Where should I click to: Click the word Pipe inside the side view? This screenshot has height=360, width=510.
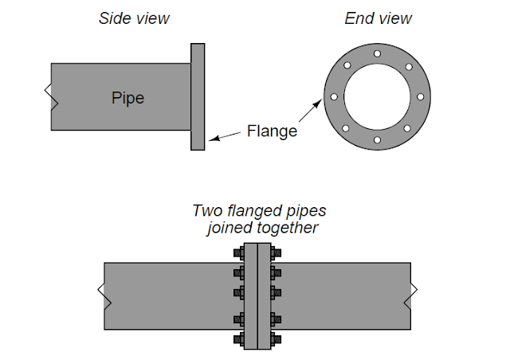[x=129, y=98]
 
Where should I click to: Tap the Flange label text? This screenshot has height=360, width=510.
[x=272, y=131]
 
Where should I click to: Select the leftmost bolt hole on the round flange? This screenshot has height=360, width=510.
[x=334, y=97]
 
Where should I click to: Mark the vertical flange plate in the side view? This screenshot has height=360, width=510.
[x=198, y=96]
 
